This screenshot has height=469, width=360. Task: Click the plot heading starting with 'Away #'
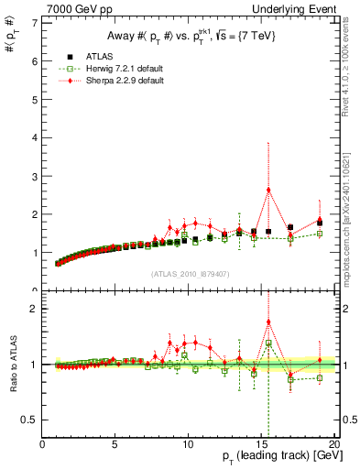coord(189,36)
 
